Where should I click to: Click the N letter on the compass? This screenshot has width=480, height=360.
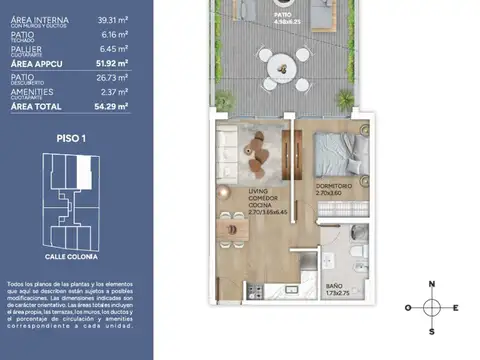coord(432,284)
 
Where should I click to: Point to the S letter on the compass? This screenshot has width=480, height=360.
coord(432,331)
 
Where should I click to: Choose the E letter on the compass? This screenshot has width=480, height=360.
coord(456,308)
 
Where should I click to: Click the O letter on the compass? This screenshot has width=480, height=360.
coord(407,308)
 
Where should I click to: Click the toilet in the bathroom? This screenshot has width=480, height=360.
coord(359,250)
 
